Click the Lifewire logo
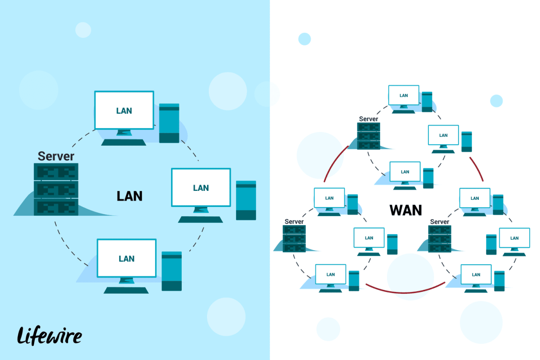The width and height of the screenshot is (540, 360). [x=49, y=335]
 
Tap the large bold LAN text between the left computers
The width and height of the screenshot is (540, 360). [x=130, y=196]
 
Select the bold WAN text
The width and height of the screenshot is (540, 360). [x=405, y=210]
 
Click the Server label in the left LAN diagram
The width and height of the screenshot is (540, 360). [x=56, y=156]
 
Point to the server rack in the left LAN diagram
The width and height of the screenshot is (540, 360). [x=56, y=189]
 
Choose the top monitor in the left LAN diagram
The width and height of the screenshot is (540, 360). [x=124, y=111]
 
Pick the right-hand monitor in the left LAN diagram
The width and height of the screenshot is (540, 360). [x=201, y=188]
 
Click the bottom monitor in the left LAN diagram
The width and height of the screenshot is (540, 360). [x=126, y=258]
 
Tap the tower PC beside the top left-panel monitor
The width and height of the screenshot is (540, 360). [x=169, y=123]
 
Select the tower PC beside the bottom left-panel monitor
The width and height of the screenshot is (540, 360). [x=171, y=271]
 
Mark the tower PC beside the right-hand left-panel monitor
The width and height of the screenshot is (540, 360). [x=246, y=200]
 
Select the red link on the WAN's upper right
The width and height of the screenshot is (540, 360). [x=477, y=169]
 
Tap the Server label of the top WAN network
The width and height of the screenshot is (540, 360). [x=368, y=119]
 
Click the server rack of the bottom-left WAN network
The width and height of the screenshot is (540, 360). [x=294, y=238]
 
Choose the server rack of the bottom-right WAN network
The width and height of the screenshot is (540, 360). [x=440, y=238]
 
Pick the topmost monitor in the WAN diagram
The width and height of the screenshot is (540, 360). [x=404, y=95]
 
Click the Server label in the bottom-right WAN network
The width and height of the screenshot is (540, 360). [x=440, y=222]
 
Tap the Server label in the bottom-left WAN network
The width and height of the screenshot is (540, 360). [x=294, y=222]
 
